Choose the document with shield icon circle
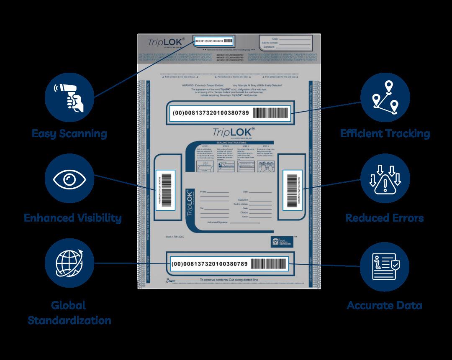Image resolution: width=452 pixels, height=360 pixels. tap(385, 266)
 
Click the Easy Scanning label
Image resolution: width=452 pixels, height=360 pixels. tap(69, 134)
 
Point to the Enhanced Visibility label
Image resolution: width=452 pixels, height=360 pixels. tap(73, 218)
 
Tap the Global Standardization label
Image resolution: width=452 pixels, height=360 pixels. tap(69, 312)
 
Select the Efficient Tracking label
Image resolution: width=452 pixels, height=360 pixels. tap(385, 134)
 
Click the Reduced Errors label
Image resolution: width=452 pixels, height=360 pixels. tap(384, 218)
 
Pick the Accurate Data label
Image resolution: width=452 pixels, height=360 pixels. tap(384, 305)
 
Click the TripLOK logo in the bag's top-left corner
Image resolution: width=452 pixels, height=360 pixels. tap(163, 42)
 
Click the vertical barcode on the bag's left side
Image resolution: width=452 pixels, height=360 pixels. tap(163, 189)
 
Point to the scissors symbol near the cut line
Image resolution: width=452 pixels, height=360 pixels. tap(170, 280)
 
